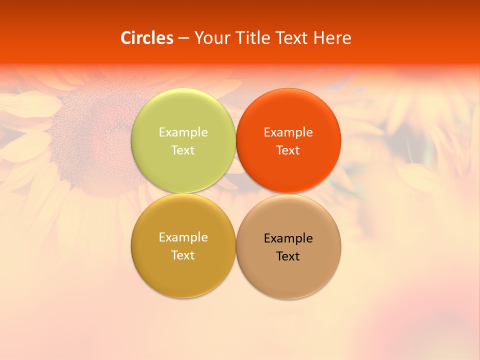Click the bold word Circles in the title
147,38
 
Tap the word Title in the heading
251,38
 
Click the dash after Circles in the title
183,38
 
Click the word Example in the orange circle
288,132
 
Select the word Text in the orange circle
288,150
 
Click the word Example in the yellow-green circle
183,132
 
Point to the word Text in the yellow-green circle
183,150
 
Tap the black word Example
288,238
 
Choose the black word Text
288,256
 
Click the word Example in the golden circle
183,237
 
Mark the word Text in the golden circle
183,255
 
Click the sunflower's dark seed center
95,135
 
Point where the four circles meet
236,193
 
